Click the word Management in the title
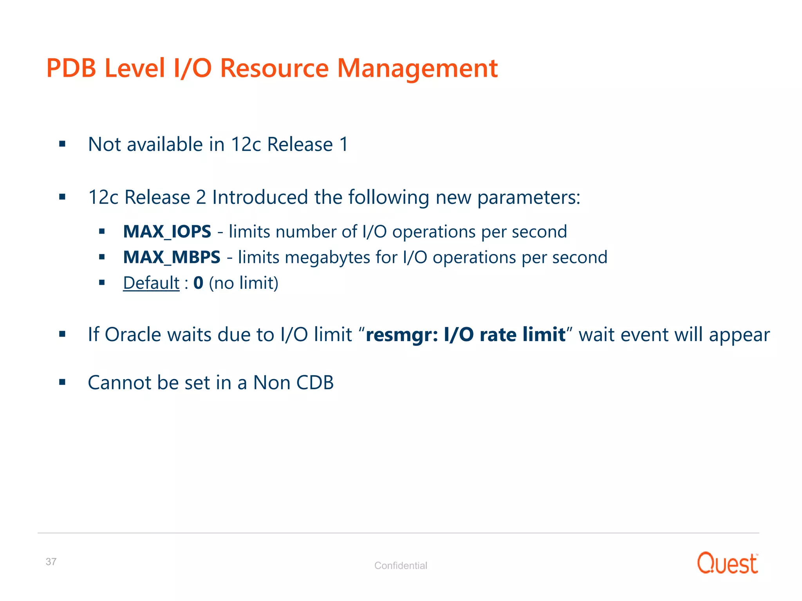coord(417,68)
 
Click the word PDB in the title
coord(71,68)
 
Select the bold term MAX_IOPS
coord(167,232)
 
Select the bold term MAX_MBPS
coord(172,257)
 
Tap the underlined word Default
coord(151,283)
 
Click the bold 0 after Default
coord(198,283)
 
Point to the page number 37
coord(51,561)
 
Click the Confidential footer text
coord(401,565)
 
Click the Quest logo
coord(727,563)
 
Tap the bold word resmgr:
coord(402,335)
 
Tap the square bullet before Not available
coord(62,144)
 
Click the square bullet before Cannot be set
coord(62,382)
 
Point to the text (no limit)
coord(244,283)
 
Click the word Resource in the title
coord(274,68)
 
